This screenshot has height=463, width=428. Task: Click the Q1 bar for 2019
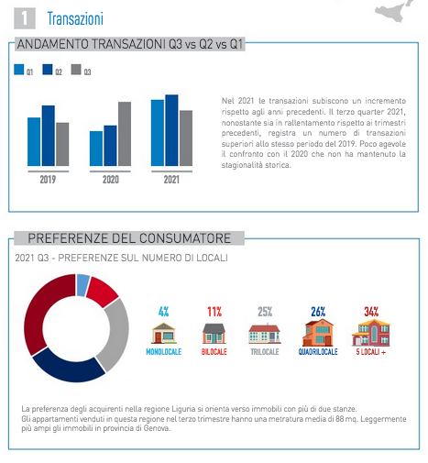[34, 142]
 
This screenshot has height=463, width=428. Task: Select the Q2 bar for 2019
[49, 136]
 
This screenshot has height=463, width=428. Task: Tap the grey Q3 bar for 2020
[125, 134]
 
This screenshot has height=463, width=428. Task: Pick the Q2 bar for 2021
[171, 130]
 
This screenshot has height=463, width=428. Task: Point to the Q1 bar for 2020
[96, 149]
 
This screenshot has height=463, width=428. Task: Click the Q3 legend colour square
[76, 70]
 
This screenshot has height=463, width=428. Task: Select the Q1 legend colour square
[19, 70]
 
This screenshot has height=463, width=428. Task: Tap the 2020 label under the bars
[111, 180]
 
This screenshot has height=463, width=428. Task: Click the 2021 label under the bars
[171, 180]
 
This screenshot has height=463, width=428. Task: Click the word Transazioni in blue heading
[75, 18]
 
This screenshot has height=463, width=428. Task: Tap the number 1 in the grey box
[25, 18]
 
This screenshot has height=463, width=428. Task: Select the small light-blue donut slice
[82, 285]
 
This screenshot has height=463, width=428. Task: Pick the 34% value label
[371, 312]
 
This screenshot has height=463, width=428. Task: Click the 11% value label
[214, 312]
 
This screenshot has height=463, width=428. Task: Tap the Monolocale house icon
[164, 333]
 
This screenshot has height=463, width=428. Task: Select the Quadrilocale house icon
[318, 332]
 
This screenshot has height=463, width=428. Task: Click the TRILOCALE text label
[265, 352]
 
